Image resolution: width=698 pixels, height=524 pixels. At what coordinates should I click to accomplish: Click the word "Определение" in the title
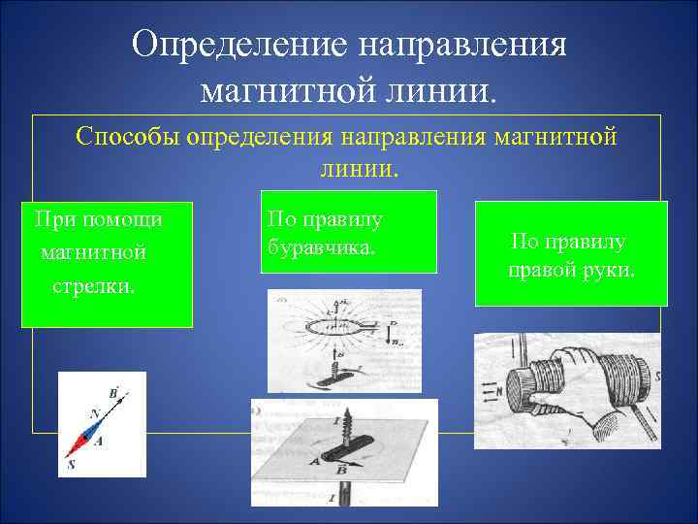coord(238,44)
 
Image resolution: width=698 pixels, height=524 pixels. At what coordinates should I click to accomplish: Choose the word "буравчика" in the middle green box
coord(319,248)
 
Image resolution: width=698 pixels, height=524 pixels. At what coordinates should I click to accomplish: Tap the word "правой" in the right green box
coord(545,269)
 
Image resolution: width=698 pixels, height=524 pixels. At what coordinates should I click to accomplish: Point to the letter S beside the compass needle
coord(72,465)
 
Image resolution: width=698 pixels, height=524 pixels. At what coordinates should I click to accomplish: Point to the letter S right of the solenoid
coord(655,376)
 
